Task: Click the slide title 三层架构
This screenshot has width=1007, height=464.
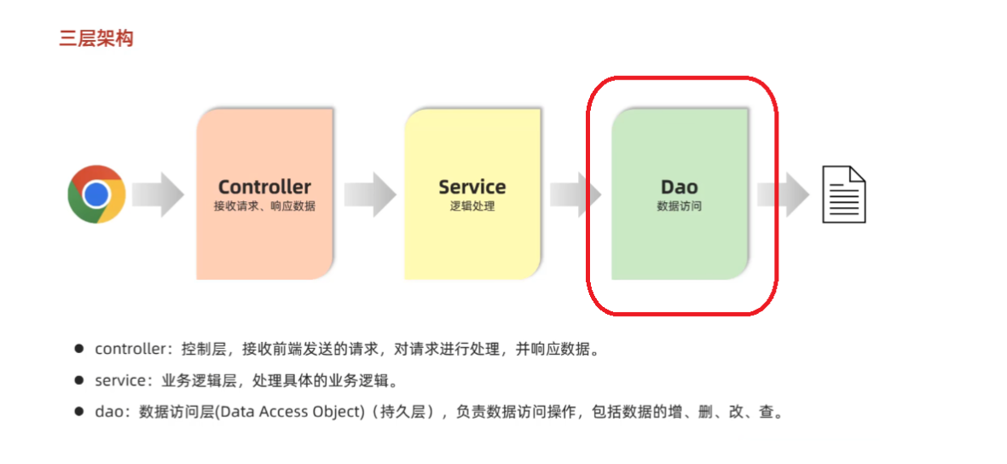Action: (96, 38)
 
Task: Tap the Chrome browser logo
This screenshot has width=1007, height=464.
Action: (96, 194)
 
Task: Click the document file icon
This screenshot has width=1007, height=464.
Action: (843, 194)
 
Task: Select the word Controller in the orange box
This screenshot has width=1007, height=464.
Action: (264, 187)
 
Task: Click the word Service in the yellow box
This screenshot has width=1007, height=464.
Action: (472, 187)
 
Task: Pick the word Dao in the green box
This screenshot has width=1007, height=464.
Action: (679, 187)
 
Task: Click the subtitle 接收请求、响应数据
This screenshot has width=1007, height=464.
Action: (264, 206)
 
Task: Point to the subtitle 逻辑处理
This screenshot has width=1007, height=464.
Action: (472, 206)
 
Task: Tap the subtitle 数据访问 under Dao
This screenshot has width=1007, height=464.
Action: (679, 206)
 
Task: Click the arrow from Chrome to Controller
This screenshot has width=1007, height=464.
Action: (159, 194)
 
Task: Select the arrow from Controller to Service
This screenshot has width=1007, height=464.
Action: (370, 194)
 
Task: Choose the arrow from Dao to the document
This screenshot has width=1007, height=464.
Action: (783, 194)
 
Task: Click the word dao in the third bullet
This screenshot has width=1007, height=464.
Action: (108, 413)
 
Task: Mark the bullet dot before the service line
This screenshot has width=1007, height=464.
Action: (78, 380)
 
